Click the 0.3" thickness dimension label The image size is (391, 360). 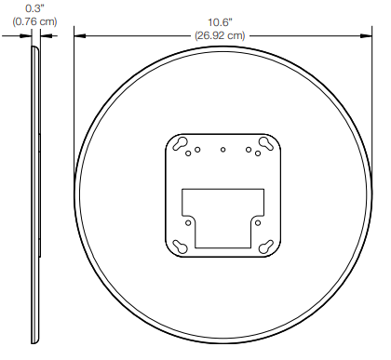coord(34,8)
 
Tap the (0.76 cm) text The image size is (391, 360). coord(34,21)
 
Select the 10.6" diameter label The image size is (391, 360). coord(220,22)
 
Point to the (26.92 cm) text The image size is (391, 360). coord(220,35)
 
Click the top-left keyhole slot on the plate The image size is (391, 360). coord(180,143)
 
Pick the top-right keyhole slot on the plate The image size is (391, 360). coord(266,143)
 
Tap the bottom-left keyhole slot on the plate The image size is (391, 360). coord(181,247)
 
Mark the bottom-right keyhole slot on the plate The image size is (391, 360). coord(266,247)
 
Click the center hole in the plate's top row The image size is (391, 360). coord(222,150)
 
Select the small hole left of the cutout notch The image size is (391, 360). coord(188,223)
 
